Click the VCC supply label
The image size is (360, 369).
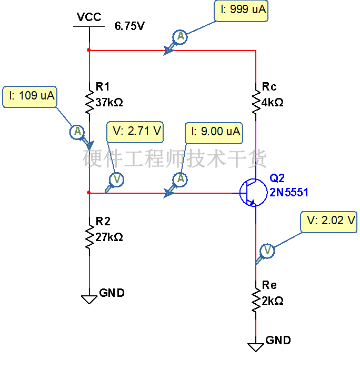click(89, 17)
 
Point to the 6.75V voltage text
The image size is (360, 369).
click(129, 26)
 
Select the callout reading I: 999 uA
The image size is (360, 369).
click(241, 11)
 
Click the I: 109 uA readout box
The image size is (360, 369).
click(29, 97)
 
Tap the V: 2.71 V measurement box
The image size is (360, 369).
click(135, 132)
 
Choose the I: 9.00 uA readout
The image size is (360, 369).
click(214, 133)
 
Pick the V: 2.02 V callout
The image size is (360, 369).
click(328, 222)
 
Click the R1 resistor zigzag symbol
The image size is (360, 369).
click(89, 102)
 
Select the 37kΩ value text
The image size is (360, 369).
click(109, 103)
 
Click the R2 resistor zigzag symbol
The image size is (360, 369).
click(89, 236)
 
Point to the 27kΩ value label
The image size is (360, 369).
click(109, 237)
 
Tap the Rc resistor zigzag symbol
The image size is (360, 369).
click(256, 102)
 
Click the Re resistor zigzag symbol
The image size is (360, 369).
click(256, 300)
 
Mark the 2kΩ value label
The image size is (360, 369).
click(273, 301)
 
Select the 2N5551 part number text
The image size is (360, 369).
click(289, 193)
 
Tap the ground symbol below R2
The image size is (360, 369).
click(89, 299)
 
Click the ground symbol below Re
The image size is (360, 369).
click(256, 347)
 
